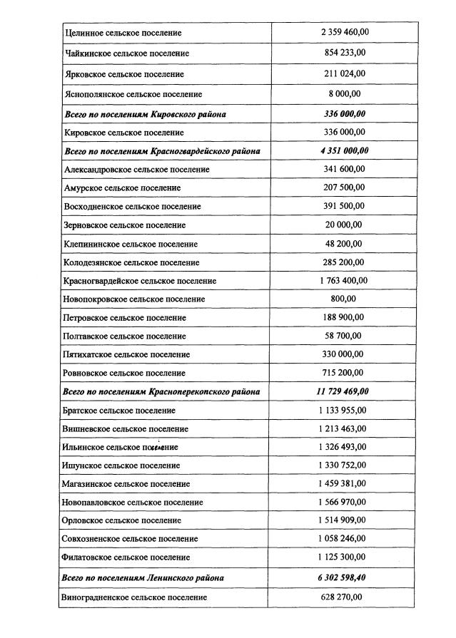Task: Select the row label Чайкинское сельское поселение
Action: coord(128,53)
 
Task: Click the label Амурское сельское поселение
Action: coord(122,187)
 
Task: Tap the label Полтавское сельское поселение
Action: coord(125,336)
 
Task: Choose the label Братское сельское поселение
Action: coord(119,411)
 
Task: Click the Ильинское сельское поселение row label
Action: coord(121,447)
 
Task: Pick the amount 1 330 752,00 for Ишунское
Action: coord(343,465)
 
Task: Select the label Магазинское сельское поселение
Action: coord(127,484)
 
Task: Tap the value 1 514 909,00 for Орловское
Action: coord(343,520)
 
